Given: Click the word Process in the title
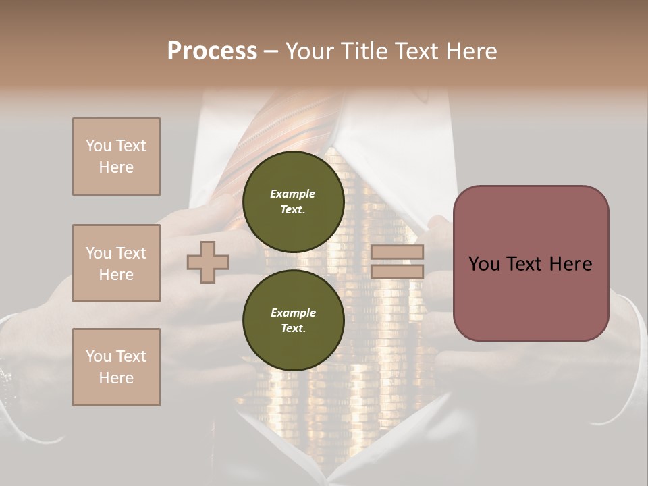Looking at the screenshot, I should pyautogui.click(x=212, y=51).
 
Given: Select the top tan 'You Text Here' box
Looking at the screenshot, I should pyautogui.click(x=116, y=157).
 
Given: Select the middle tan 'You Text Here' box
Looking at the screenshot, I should pyautogui.click(x=116, y=263).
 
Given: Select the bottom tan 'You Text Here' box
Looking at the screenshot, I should pyautogui.click(x=116, y=367).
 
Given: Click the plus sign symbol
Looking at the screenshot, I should pyautogui.click(x=208, y=262).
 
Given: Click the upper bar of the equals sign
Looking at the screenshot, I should pyautogui.click(x=398, y=252).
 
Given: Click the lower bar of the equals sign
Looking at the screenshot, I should pyautogui.click(x=398, y=272).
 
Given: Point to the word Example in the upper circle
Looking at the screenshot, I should pyautogui.click(x=293, y=194).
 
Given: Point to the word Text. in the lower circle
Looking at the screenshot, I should pyautogui.click(x=293, y=329).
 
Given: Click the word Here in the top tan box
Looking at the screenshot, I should pyautogui.click(x=116, y=167).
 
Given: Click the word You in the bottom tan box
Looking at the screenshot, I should pyautogui.click(x=99, y=356).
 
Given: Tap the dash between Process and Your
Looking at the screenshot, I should pyautogui.click(x=271, y=51).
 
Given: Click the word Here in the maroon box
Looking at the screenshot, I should pyautogui.click(x=570, y=264).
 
